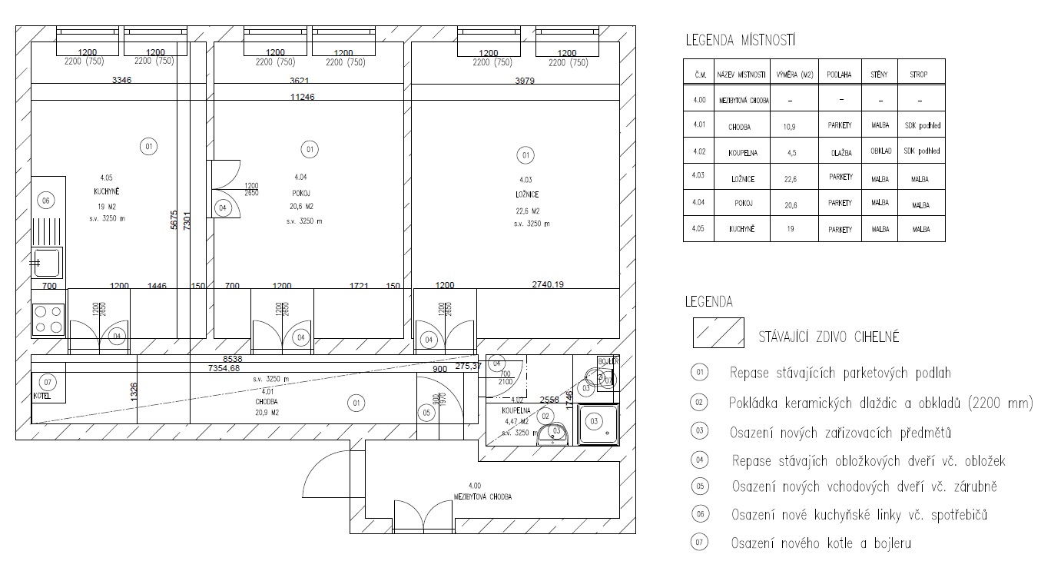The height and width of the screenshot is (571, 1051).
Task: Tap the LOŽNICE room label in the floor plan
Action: click(x=526, y=195)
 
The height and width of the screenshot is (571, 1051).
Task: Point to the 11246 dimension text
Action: click(x=301, y=97)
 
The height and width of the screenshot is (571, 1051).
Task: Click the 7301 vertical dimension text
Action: click(x=186, y=221)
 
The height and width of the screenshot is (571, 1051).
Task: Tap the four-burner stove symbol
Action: click(x=48, y=320)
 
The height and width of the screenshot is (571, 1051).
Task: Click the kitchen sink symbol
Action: click(x=47, y=263)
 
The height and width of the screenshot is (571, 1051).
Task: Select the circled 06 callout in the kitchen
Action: click(x=46, y=201)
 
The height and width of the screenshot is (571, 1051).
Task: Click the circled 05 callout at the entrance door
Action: click(x=427, y=412)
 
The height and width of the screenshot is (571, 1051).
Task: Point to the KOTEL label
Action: click(x=41, y=397)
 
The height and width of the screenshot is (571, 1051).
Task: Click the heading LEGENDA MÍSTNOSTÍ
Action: click(x=740, y=40)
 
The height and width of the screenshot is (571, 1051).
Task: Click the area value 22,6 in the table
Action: click(x=794, y=179)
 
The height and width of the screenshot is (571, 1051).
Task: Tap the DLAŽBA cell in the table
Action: click(x=840, y=153)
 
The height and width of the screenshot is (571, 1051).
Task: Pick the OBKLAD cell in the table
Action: click(x=880, y=152)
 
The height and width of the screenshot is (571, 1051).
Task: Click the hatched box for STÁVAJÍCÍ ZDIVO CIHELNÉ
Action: click(x=718, y=332)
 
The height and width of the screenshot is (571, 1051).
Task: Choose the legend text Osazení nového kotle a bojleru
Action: click(x=820, y=543)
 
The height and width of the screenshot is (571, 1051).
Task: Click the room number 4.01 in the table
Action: click(x=698, y=125)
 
